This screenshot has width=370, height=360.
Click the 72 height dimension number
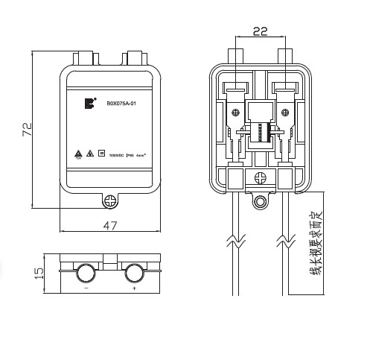[27, 130]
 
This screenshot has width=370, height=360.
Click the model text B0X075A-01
[121, 104]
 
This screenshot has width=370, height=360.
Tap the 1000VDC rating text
[117, 156]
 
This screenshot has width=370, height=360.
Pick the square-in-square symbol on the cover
[101, 155]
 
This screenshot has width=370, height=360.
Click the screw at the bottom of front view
[109, 200]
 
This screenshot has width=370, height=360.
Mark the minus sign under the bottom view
[86, 287]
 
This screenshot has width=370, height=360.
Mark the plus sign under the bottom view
[135, 287]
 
